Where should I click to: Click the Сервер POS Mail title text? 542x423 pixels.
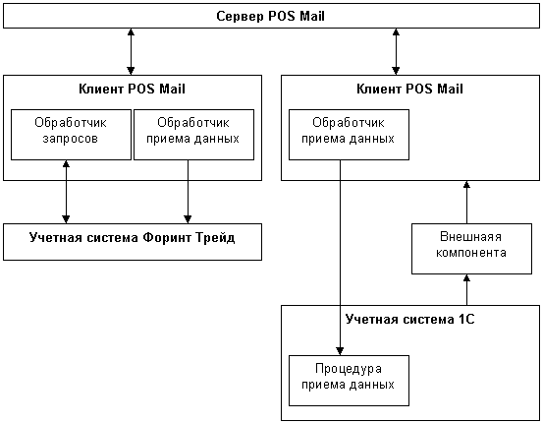pyautogui.click(x=270, y=17)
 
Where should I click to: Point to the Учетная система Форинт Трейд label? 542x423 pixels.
pyautogui.click(x=132, y=238)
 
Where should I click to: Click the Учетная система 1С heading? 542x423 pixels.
pyautogui.click(x=410, y=319)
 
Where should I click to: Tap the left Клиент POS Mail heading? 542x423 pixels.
pyautogui.click(x=132, y=90)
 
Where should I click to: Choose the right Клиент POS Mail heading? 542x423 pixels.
pyautogui.click(x=410, y=90)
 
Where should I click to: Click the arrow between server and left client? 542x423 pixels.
pyautogui.click(x=131, y=51)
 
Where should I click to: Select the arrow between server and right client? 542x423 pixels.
pyautogui.click(x=396, y=51)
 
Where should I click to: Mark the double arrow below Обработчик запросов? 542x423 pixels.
pyautogui.click(x=66, y=192)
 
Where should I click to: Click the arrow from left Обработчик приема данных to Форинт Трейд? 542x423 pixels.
pyautogui.click(x=188, y=192)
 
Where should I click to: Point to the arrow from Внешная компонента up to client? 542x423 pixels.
pyautogui.click(x=466, y=202)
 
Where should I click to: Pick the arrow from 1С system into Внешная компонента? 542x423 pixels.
pyautogui.click(x=466, y=289)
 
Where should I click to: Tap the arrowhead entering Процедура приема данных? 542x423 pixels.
pyautogui.click(x=340, y=351)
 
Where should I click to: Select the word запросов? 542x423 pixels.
pyautogui.click(x=71, y=139)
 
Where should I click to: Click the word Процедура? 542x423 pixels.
pyautogui.click(x=349, y=369)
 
